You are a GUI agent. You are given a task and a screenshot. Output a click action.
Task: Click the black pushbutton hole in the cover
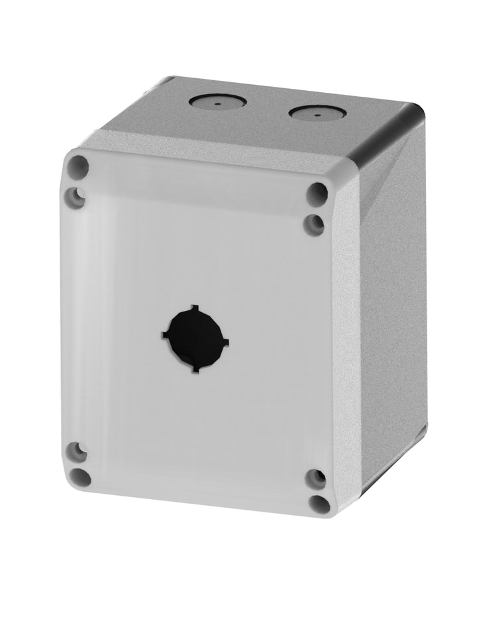(x=195, y=339)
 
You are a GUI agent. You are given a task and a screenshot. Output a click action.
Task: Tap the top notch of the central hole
(x=194, y=308)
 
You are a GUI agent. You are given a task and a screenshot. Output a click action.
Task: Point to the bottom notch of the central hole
(x=195, y=369)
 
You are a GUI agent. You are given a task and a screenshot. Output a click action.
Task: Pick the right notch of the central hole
(x=226, y=343)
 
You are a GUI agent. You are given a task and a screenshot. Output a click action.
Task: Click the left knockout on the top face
(x=217, y=101)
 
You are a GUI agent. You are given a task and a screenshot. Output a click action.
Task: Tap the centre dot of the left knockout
(x=218, y=103)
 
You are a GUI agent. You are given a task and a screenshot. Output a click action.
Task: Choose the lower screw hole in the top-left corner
(x=76, y=196)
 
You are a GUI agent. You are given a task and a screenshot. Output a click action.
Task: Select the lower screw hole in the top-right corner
(x=314, y=224)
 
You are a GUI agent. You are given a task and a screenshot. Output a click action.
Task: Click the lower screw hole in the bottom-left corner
(x=80, y=477)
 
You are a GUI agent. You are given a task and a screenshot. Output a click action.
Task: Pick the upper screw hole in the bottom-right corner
(x=316, y=479)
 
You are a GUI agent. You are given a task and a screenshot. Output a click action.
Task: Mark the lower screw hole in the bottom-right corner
(x=319, y=504)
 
